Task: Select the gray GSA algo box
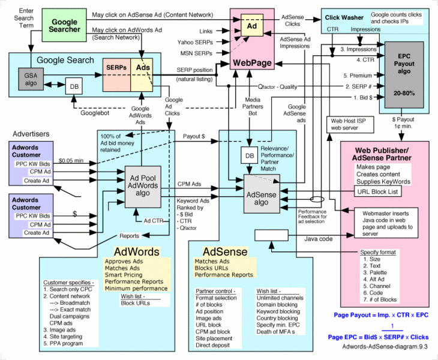click(31, 80)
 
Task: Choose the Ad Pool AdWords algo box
click(147, 182)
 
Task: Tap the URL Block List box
click(377, 192)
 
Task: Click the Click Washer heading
click(344, 17)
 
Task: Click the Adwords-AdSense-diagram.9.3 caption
click(383, 346)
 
